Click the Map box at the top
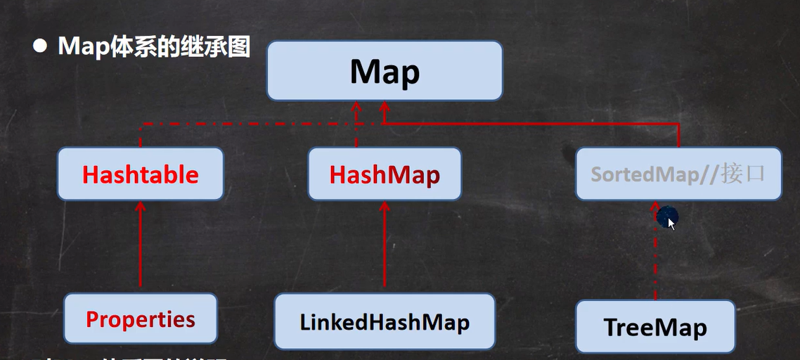(385, 71)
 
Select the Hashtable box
(141, 174)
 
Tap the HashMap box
(385, 174)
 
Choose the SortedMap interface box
(678, 174)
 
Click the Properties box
(141, 319)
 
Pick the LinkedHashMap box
(385, 322)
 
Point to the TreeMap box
(655, 327)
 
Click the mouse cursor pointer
(671, 223)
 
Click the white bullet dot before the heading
(40, 46)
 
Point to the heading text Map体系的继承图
(154, 46)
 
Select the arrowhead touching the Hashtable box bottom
(141, 206)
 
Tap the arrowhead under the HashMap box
(385, 206)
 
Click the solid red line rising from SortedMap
(679, 136)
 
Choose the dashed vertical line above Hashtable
(141, 136)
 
